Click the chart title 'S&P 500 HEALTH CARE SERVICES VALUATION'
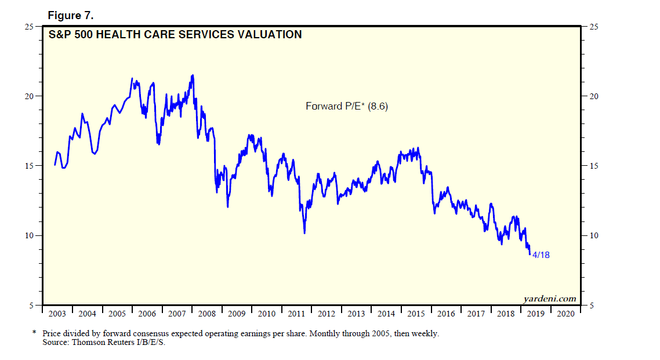point(175,35)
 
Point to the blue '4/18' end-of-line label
point(541,255)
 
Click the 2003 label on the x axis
point(57,314)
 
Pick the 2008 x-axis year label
point(207,314)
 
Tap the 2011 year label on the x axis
point(297,314)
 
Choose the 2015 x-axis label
point(416,314)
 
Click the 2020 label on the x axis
point(566,314)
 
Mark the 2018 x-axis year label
point(506,314)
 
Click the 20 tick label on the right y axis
point(593,96)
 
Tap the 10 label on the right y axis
point(593,235)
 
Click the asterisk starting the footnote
point(34,333)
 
